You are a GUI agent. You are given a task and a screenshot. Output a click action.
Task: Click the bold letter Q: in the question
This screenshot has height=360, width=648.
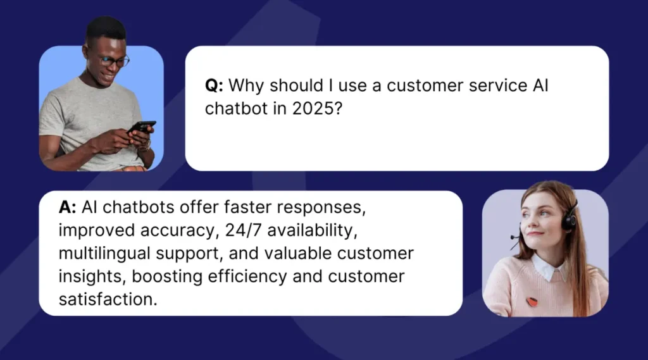click(214, 86)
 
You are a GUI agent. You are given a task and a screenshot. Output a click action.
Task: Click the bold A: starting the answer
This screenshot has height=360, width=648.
click(67, 207)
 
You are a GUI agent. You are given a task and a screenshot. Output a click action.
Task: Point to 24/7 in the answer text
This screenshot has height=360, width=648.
click(244, 230)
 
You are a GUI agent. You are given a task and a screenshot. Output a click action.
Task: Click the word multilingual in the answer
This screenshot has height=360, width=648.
click(104, 254)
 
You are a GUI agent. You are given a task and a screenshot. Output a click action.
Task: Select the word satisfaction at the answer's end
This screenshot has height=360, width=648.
click(108, 299)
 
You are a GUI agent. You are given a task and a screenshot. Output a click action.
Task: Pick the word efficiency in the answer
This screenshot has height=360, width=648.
click(247, 276)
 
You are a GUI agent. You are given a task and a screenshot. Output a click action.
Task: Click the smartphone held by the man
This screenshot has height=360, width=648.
click(142, 127)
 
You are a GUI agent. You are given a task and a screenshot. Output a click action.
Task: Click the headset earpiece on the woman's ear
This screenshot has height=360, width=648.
click(570, 219)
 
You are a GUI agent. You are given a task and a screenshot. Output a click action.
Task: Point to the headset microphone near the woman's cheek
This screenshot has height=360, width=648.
click(514, 237)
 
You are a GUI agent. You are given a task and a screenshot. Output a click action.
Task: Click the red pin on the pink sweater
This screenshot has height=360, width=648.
click(532, 302)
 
